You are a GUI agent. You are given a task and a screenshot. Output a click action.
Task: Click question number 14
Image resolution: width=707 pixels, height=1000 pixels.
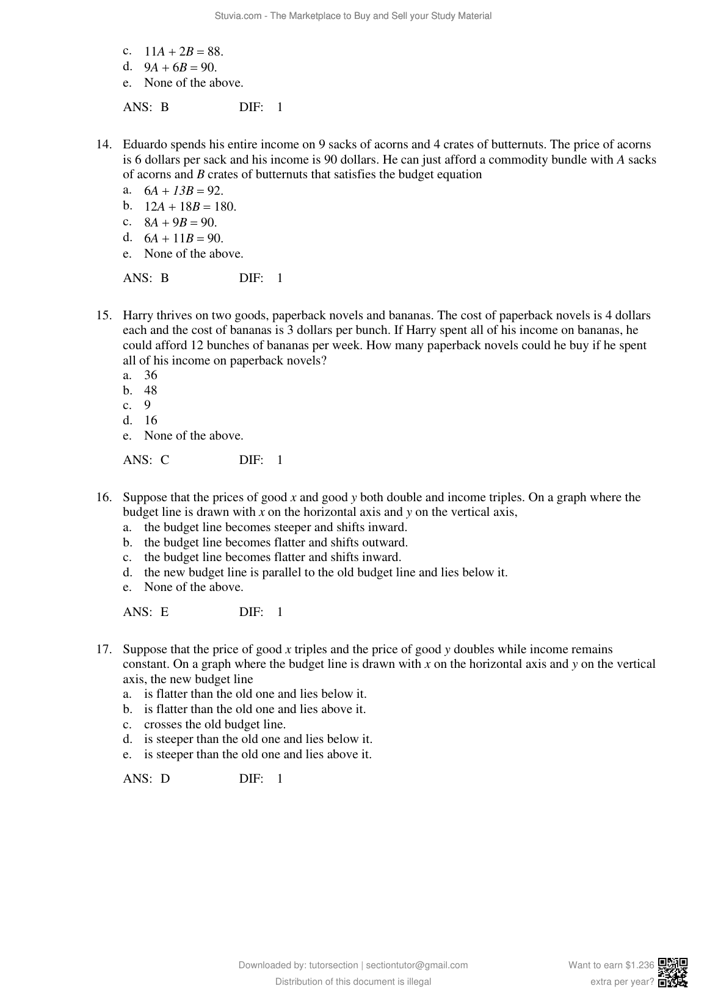coord(103,145)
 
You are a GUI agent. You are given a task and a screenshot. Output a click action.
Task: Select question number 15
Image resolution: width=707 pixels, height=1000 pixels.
coord(103,316)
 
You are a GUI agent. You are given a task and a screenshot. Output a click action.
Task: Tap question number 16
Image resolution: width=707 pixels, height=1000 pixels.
coord(103,498)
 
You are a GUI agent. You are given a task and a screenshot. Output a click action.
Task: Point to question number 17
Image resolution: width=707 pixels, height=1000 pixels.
coord(103,649)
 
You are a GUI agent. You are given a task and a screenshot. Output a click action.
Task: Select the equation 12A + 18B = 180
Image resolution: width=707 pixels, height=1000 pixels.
coord(190,207)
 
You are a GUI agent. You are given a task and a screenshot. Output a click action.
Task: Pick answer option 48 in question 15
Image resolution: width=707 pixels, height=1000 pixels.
coord(150,391)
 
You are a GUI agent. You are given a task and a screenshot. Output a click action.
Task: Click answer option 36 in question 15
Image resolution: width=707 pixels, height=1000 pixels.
coord(150,375)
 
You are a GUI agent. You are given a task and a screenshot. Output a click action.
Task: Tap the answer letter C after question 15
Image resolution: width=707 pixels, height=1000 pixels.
coord(165,460)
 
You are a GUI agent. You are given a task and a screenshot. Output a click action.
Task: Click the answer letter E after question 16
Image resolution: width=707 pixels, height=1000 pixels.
coord(165,612)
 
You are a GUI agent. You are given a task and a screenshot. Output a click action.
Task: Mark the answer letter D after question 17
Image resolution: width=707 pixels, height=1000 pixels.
coord(165,779)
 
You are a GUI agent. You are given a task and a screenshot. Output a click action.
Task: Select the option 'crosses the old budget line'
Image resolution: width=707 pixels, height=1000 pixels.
coord(214,725)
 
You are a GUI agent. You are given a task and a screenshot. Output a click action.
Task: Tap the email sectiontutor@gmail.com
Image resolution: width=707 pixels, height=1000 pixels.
coord(416,965)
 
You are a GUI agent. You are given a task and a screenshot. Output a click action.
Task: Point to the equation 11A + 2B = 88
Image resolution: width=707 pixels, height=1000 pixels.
coord(183,52)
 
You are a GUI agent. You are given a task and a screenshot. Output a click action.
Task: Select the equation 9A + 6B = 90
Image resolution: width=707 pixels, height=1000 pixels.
coord(180,68)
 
